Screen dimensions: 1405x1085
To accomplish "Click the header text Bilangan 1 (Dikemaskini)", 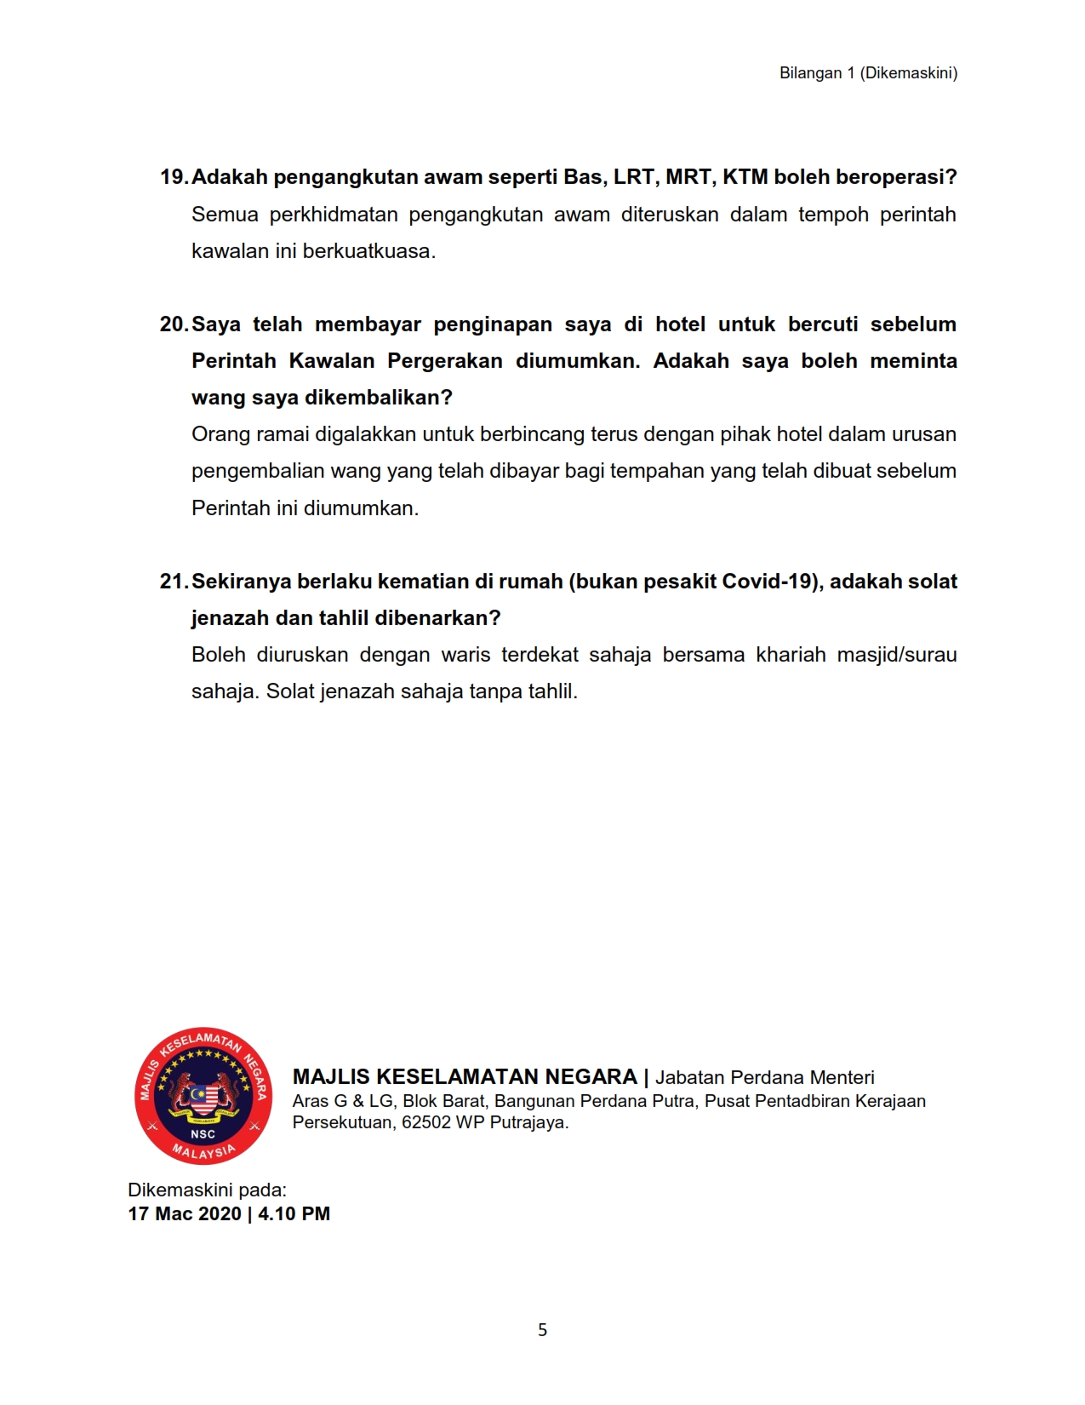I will click(868, 73).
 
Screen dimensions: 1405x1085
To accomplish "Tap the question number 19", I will click(173, 177).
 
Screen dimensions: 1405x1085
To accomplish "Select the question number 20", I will click(173, 324).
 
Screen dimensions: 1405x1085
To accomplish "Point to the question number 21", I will click(173, 582).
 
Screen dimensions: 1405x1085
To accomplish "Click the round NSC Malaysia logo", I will click(203, 1095).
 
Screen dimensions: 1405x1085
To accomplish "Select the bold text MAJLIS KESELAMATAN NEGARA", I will click(465, 1077).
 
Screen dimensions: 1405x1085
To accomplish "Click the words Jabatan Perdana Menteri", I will click(764, 1078).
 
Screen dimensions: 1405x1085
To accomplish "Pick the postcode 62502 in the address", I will click(426, 1122).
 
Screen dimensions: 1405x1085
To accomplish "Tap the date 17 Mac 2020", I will click(185, 1214).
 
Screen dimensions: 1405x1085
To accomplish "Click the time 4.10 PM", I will click(294, 1214).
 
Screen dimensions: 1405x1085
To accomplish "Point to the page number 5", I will click(543, 1330).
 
